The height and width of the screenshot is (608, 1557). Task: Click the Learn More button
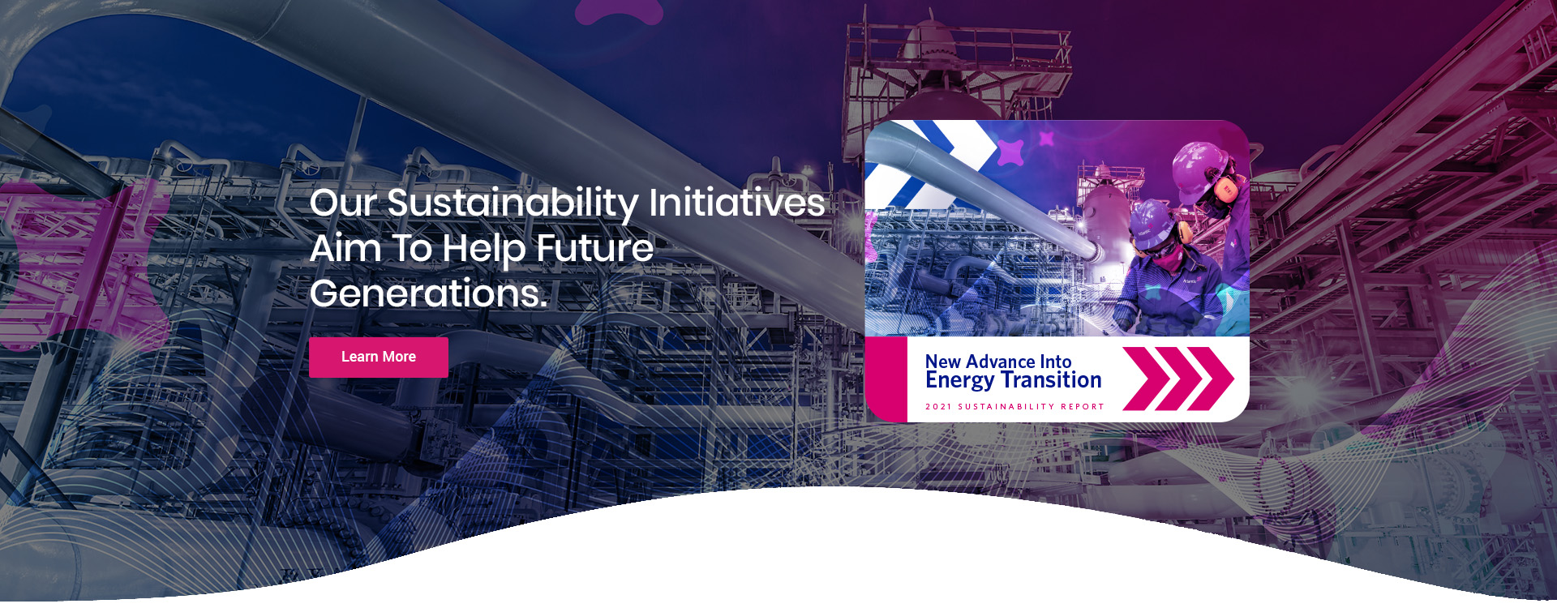(378, 357)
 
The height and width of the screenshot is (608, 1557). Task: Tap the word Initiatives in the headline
(736, 202)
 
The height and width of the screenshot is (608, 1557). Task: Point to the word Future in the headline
(594, 248)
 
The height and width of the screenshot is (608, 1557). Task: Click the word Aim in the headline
(345, 248)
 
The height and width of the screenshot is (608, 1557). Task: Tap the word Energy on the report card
(959, 381)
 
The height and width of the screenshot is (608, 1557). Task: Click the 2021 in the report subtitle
(938, 407)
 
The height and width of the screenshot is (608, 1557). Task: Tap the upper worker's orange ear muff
(1225, 191)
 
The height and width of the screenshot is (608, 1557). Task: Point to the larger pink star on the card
(1010, 152)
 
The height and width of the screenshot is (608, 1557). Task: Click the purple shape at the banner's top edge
(619, 11)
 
